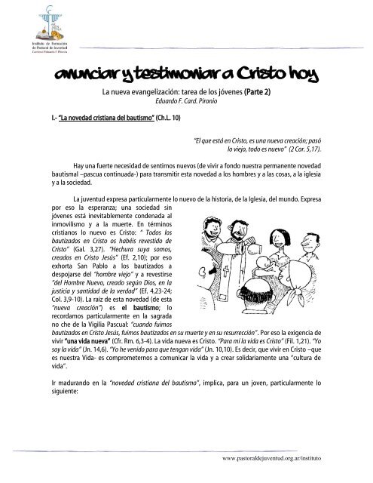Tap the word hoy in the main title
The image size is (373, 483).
click(304, 76)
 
